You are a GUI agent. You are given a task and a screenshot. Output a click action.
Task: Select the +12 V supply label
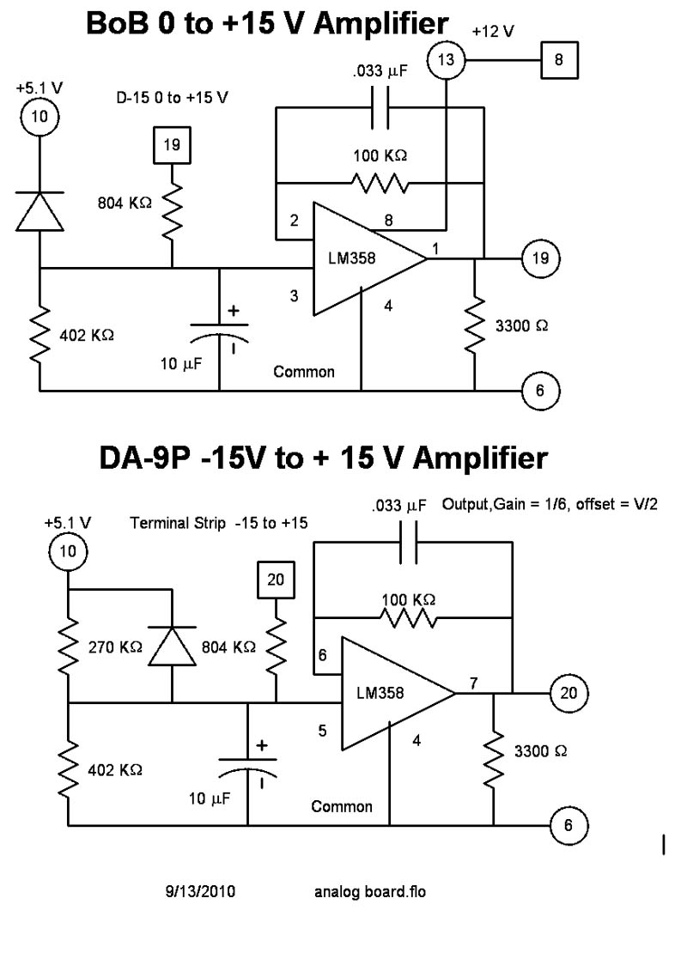click(x=493, y=32)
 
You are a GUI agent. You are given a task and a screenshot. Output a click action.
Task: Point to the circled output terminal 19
click(x=540, y=257)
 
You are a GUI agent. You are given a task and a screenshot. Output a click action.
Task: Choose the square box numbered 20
click(x=276, y=580)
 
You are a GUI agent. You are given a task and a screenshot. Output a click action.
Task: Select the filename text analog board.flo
click(x=370, y=892)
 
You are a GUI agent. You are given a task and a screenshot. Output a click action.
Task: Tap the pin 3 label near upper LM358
click(x=294, y=296)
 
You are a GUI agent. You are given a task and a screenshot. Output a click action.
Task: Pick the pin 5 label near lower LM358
click(x=323, y=731)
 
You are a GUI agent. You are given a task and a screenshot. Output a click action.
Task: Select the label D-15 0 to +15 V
click(x=173, y=97)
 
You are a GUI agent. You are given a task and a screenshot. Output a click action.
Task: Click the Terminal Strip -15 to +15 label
click(x=219, y=523)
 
